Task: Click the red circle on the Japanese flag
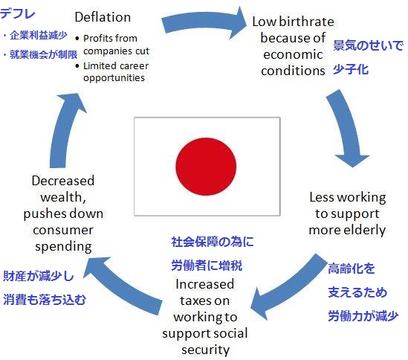tap(206, 166)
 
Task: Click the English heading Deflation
tap(103, 17)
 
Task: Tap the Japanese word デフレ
tap(18, 13)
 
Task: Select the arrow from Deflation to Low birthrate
tap(204, 23)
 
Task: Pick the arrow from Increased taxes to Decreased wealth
tap(123, 285)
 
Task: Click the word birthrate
tap(306, 22)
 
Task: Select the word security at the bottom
tap(206, 350)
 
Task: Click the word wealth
tap(63, 197)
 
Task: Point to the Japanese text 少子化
tap(351, 70)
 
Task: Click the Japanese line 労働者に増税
tap(207, 266)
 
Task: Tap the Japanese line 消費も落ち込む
tap(45, 300)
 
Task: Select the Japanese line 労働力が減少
tap(363, 316)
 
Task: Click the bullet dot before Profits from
tap(77, 39)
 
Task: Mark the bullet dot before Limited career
tap(77, 66)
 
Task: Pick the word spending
tap(63, 247)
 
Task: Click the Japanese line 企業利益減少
tap(39, 36)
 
